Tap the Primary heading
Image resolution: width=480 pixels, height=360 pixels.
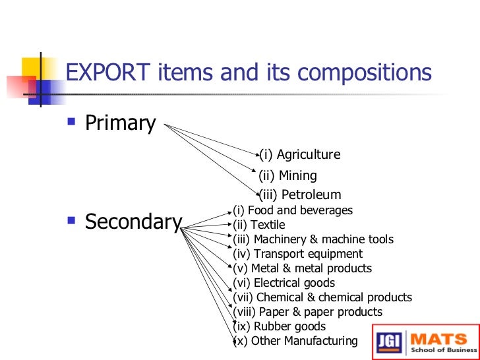point(121,123)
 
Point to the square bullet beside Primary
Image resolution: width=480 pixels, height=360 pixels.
point(72,122)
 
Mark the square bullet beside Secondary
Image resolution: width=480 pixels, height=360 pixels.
point(72,221)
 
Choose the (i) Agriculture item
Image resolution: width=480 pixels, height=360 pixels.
point(300,155)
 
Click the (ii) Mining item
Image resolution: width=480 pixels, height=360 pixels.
point(288,175)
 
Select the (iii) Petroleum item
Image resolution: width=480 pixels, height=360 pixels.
point(301,195)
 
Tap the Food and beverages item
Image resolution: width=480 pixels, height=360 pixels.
point(293,210)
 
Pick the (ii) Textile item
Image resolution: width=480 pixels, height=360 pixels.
point(260,225)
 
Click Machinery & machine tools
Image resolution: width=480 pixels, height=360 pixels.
point(313,239)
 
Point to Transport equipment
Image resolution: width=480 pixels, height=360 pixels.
point(298,254)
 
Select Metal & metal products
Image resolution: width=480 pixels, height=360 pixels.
point(303,268)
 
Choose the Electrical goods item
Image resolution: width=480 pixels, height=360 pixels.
point(284,283)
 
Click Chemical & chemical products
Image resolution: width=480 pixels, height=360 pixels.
point(322,297)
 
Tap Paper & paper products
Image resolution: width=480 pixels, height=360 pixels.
point(308,312)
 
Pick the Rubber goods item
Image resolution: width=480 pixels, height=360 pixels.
point(280,326)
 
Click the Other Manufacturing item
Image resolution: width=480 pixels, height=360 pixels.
point(295,341)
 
